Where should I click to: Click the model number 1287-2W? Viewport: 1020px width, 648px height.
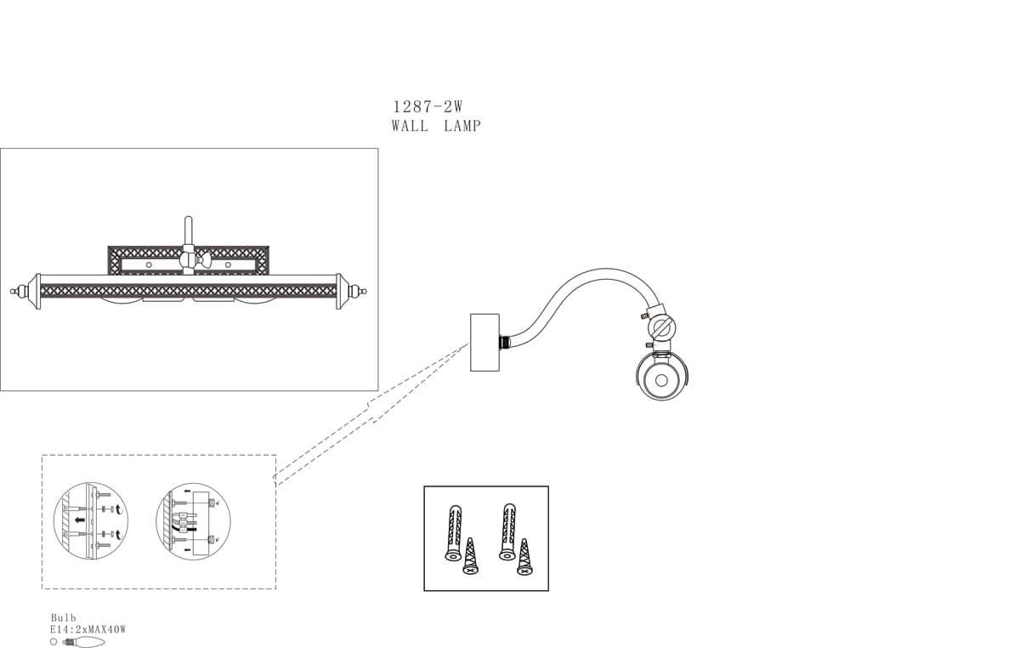click(427, 107)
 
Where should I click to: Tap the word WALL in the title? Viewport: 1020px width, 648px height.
click(410, 126)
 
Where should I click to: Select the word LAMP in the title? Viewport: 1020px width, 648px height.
click(462, 126)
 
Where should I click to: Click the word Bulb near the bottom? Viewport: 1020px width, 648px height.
click(63, 618)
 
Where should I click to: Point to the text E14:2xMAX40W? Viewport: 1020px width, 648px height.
click(88, 629)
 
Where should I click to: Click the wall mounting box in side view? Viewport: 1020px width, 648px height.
click(484, 342)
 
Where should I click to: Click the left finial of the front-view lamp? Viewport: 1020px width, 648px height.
click(14, 291)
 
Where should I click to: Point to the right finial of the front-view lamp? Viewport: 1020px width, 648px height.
click(365, 291)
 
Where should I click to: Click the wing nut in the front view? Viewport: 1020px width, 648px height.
click(190, 261)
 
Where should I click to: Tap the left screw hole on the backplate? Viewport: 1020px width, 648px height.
click(149, 265)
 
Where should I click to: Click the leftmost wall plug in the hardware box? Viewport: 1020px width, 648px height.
click(452, 532)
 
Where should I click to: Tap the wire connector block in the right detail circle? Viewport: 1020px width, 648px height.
click(182, 521)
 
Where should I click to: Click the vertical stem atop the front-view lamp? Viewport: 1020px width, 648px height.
click(190, 231)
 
